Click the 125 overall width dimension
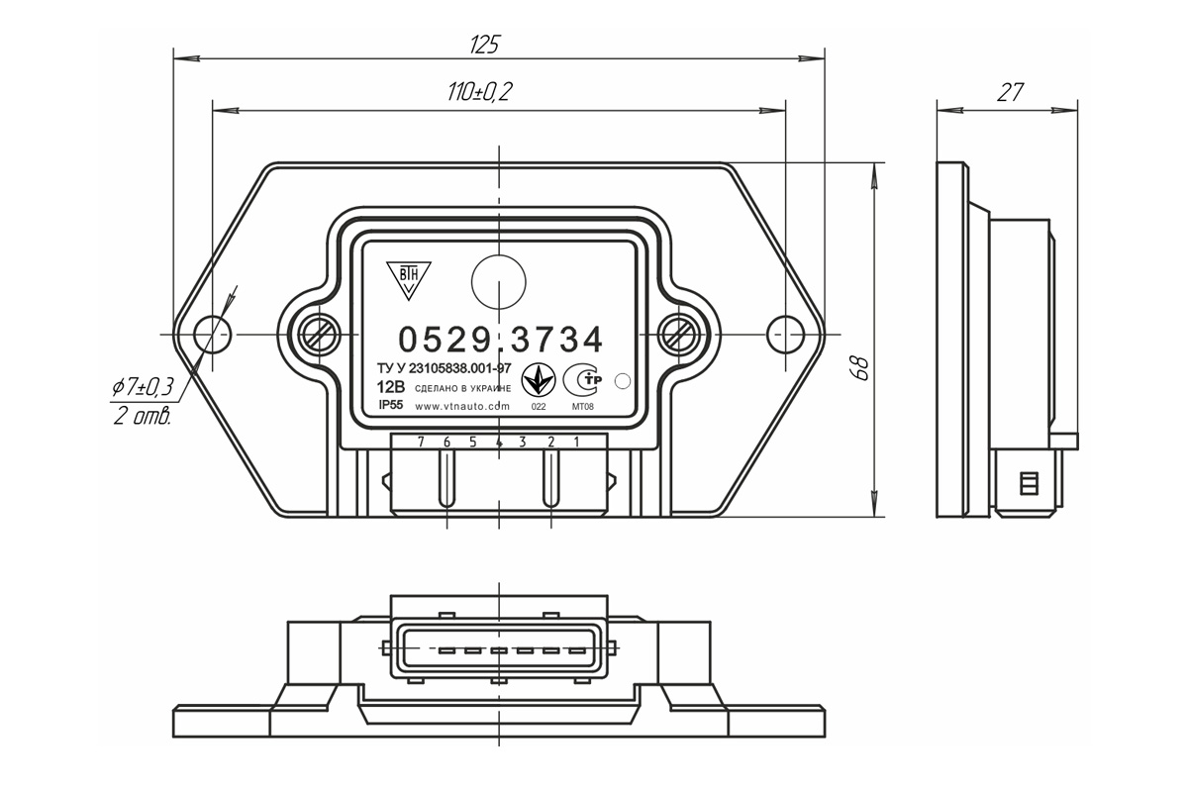[x=484, y=46]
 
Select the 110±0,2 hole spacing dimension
[x=479, y=92]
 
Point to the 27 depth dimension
[x=1009, y=93]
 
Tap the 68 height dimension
[x=859, y=367]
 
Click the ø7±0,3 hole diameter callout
[x=143, y=387]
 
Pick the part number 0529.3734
[x=501, y=340]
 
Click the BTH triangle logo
[x=408, y=279]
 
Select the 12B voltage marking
[x=390, y=386]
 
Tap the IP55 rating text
[x=391, y=405]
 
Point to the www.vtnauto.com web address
[x=462, y=406]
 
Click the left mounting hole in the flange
[x=212, y=335]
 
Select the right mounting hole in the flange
[x=785, y=335]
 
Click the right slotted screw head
[x=678, y=335]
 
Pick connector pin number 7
[x=421, y=442]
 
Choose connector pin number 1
[x=577, y=442]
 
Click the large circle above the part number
[x=499, y=282]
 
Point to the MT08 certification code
[x=582, y=407]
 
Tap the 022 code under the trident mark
[x=539, y=407]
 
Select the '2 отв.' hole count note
[x=143, y=417]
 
